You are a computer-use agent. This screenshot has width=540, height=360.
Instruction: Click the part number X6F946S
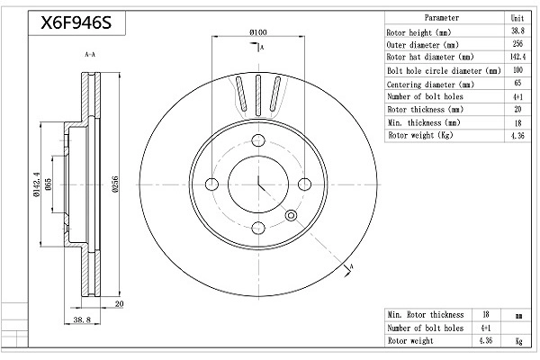click(76, 22)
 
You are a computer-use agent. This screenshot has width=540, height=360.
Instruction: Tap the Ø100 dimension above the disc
click(258, 32)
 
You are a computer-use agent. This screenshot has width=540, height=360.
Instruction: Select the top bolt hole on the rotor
click(258, 140)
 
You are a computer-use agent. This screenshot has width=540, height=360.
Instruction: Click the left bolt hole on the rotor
click(211, 184)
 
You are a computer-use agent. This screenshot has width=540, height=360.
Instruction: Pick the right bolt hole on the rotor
click(304, 184)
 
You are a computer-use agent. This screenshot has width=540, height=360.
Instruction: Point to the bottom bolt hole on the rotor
click(258, 228)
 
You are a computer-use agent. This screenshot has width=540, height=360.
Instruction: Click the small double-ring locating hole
click(291, 216)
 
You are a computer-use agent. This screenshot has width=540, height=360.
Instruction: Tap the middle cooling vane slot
click(258, 95)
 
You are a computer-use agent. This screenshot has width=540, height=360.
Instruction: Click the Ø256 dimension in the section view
click(115, 184)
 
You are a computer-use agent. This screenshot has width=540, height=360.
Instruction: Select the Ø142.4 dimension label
click(37, 184)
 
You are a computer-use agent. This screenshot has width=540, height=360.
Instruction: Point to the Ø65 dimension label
click(49, 184)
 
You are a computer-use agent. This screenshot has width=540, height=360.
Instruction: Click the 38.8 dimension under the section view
click(82, 319)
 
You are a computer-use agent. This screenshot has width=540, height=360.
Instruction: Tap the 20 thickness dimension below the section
click(119, 304)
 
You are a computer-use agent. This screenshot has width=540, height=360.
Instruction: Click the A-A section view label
click(90, 54)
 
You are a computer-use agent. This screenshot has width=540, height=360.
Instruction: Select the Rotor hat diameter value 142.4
click(517, 57)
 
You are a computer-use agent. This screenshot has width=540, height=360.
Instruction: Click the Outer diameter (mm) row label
click(423, 45)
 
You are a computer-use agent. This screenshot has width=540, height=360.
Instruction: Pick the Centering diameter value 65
click(517, 83)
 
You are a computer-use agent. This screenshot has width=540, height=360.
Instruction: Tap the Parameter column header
click(442, 18)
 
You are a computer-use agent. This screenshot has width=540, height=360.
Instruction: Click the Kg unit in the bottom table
click(518, 341)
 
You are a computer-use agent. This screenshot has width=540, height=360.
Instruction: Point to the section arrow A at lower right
click(348, 270)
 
